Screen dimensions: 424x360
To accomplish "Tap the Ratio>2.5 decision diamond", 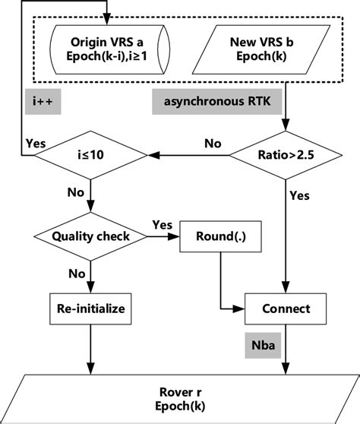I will (x=284, y=157).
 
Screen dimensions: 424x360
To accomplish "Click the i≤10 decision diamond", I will (x=91, y=157).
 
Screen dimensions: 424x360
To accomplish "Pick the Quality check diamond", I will (x=91, y=237).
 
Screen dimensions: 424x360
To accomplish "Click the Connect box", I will (x=285, y=309).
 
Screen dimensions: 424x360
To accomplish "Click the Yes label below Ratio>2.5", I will (x=299, y=196).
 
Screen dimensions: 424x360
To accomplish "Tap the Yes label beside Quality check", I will (x=162, y=224).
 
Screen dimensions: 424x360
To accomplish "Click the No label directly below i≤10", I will (x=77, y=193).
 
